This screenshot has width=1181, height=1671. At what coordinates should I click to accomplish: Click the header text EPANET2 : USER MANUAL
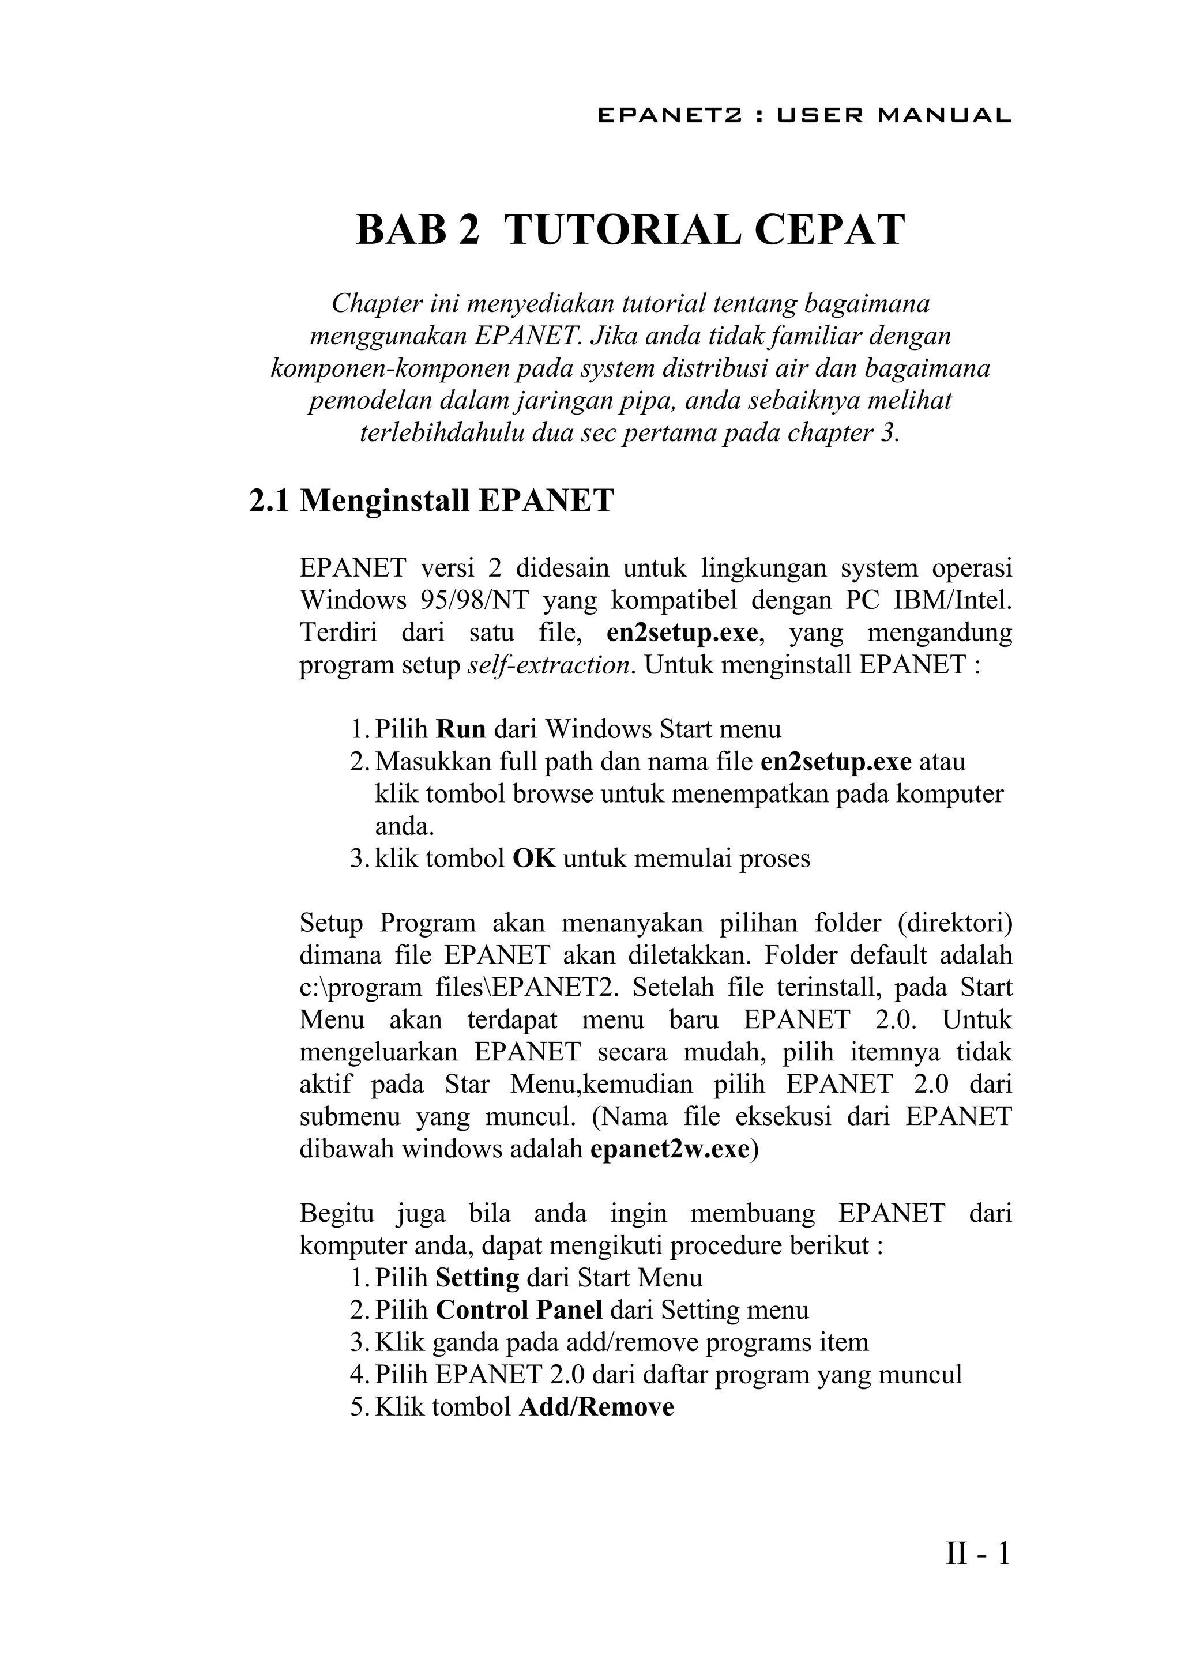point(804,116)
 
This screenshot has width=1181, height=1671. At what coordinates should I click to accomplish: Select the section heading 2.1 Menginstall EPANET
point(431,502)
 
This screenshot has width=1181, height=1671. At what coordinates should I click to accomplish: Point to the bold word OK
point(534,858)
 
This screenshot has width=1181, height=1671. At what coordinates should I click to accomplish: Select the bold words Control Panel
point(519,1310)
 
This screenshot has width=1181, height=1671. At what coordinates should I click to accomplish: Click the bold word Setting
point(477,1278)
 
